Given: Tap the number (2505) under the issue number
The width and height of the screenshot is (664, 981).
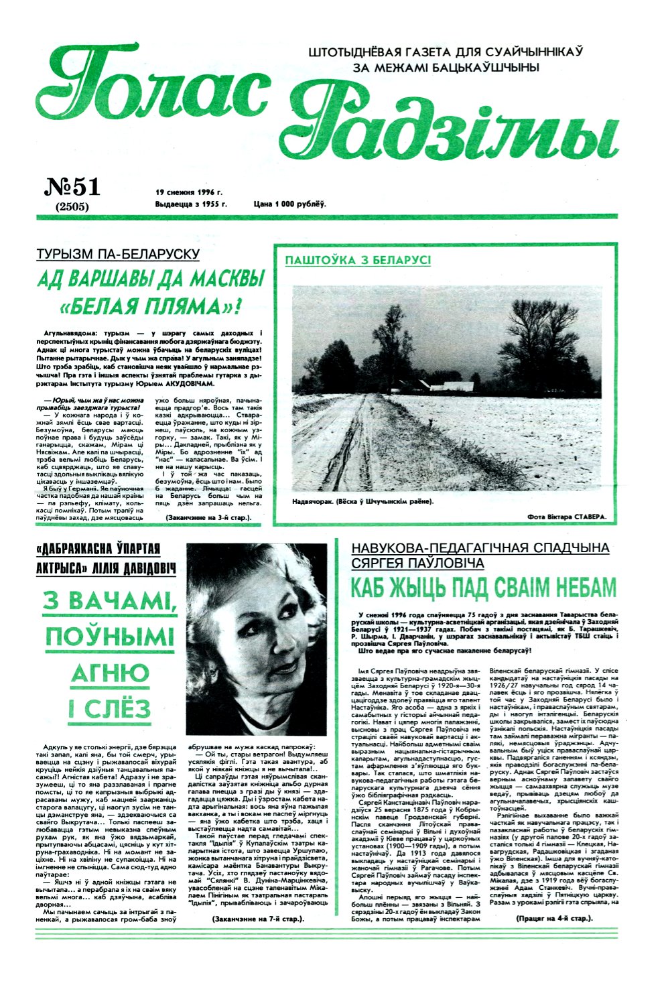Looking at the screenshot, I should pyautogui.click(x=72, y=207).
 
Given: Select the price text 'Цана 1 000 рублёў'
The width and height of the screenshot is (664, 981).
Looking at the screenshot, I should pyautogui.click(x=289, y=204).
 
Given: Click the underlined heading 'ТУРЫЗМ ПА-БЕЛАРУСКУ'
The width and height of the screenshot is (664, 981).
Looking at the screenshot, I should pyautogui.click(x=118, y=254).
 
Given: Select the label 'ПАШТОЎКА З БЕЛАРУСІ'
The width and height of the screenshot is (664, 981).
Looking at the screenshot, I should pyautogui.click(x=358, y=260).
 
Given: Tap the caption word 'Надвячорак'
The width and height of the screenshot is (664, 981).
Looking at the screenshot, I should pyautogui.click(x=315, y=501).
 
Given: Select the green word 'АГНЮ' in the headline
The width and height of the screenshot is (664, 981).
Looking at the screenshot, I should pyautogui.click(x=110, y=673).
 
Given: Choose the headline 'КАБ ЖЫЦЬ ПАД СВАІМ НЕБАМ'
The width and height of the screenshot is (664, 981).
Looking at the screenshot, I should pyautogui.click(x=483, y=588).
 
